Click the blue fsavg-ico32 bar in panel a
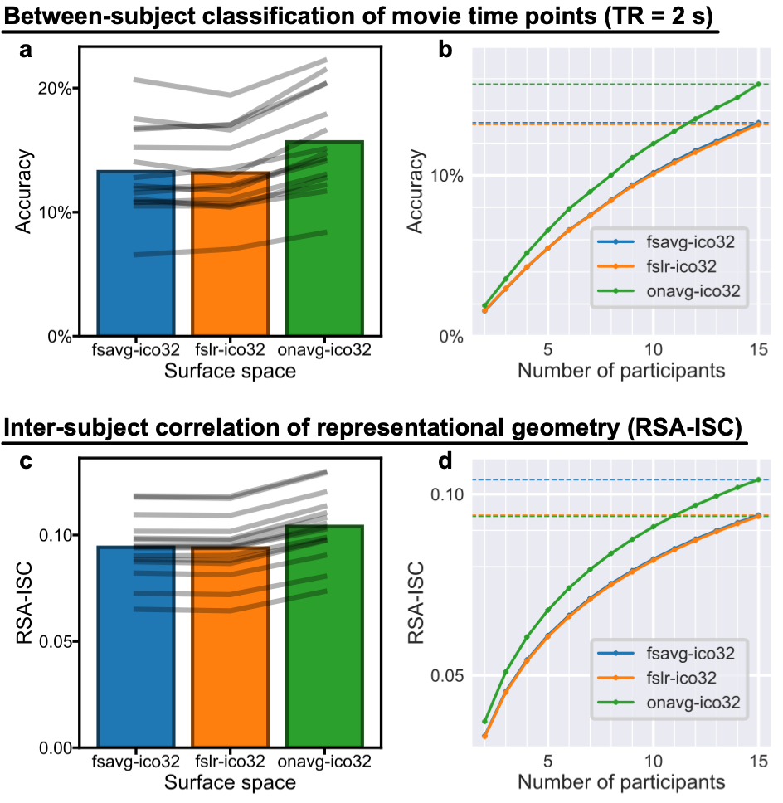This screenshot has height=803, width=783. click(136, 274)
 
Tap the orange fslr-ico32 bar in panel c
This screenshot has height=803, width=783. click(230, 664)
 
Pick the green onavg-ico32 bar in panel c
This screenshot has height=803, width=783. click(324, 655)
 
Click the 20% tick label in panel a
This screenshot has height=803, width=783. click(54, 88)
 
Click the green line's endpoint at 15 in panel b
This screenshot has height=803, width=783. click(758, 84)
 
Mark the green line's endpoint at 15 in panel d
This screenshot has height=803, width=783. click(758, 479)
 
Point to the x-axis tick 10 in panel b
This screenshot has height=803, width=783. click(653, 350)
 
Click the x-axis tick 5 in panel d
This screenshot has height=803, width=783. click(547, 761)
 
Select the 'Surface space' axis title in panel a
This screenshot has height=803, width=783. click(230, 372)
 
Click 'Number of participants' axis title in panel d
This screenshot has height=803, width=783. click(621, 781)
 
